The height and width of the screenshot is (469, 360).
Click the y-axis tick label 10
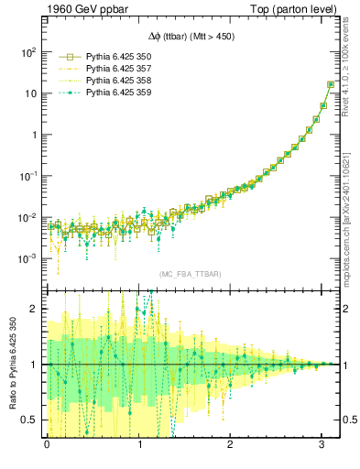(x=28, y=93)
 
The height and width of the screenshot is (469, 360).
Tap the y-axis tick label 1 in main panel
(x=32, y=135)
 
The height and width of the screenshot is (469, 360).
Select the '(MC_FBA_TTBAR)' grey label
(x=188, y=274)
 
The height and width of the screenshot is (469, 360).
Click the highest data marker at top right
(x=330, y=84)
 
